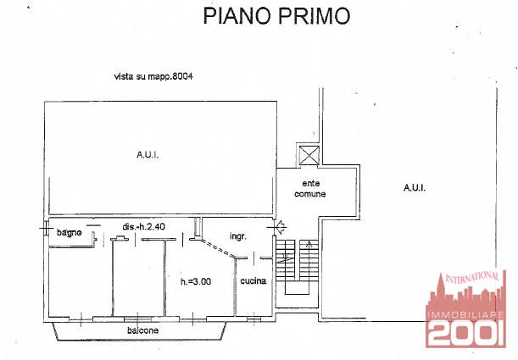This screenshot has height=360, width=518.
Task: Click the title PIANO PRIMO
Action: point(276,15)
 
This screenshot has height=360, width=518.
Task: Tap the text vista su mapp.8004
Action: point(153,76)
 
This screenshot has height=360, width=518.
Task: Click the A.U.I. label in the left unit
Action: point(148,154)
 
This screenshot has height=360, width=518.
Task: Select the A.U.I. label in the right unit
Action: point(415,188)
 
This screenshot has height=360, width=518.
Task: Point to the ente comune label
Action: point(310,188)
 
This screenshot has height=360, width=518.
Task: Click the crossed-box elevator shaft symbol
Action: point(309,155)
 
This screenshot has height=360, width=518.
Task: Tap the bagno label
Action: point(69,232)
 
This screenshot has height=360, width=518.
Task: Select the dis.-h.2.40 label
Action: point(144,227)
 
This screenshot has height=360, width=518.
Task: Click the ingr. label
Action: point(238,236)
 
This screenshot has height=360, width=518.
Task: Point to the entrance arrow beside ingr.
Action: point(280,226)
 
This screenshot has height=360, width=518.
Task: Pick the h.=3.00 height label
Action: point(196,281)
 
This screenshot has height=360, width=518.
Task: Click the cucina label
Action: point(253,281)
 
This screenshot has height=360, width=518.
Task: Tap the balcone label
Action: point(143,330)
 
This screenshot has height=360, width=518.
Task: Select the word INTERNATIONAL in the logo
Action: point(472,277)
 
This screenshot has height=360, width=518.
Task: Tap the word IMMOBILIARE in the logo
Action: point(465,315)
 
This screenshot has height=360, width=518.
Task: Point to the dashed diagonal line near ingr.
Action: point(219,248)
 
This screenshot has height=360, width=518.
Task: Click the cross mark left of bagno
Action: point(45,228)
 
